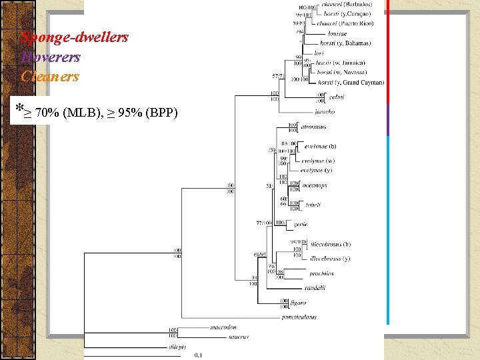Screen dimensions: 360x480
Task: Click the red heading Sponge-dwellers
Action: (x=75, y=37)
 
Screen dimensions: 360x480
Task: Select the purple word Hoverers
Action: (x=51, y=57)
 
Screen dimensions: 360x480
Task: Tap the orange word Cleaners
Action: (x=50, y=76)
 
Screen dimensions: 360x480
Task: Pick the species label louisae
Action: (x=337, y=33)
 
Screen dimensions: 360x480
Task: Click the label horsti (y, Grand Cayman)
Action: (x=350, y=83)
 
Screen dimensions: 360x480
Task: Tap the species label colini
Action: (x=337, y=97)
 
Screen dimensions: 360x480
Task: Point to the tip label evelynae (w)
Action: (x=317, y=161)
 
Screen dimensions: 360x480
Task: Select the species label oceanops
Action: (x=315, y=185)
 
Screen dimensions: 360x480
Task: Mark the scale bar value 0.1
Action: (x=199, y=355)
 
